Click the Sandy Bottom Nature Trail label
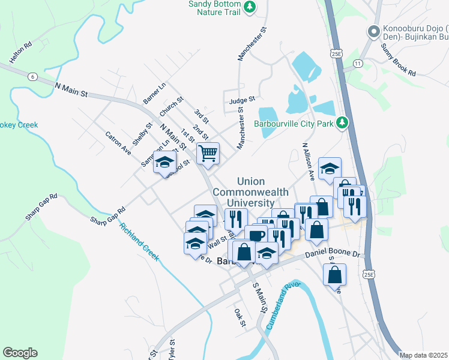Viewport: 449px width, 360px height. coord(215,7)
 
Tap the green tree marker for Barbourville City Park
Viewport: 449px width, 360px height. coord(342,123)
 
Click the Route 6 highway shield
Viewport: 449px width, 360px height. coord(32,77)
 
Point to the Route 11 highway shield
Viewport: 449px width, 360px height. coord(358,63)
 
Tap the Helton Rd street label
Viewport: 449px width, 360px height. coord(20,53)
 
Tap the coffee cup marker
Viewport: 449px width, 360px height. coord(255,235)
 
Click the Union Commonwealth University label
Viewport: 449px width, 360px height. coord(262,192)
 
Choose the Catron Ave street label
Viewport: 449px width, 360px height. coord(118,145)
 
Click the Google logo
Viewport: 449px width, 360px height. coord(20,353)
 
